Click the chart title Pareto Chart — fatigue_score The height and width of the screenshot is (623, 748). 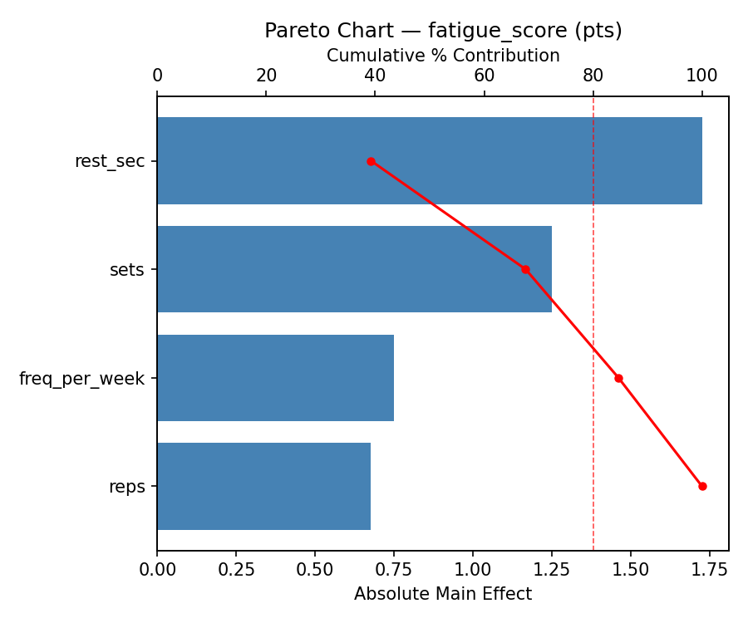[x=443, y=31]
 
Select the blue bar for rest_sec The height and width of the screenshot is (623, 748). [x=429, y=160]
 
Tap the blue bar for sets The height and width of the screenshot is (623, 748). [x=354, y=269]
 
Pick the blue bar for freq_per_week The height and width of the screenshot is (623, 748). [x=275, y=378]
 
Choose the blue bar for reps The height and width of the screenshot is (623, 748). [x=263, y=486]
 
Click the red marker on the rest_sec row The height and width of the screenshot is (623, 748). [x=371, y=161]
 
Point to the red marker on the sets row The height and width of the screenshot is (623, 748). [x=525, y=269]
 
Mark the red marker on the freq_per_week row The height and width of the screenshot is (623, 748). [x=618, y=378]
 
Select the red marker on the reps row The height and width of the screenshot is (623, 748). [x=702, y=486]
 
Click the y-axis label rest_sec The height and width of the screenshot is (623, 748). [x=110, y=161]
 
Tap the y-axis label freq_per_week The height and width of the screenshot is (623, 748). [x=81, y=379]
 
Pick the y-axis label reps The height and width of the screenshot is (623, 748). [x=126, y=487]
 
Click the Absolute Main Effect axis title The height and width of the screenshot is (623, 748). [x=442, y=594]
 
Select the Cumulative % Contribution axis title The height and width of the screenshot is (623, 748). [x=443, y=56]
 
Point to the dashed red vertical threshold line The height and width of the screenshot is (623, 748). [x=593, y=332]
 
